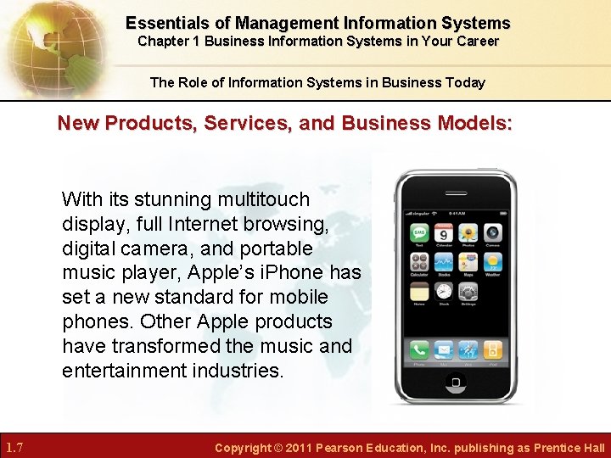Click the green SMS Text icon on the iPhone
click(419, 232)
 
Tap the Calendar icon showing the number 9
click(443, 232)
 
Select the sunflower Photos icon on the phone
click(468, 232)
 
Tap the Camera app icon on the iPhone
click(493, 232)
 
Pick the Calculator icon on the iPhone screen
click(419, 262)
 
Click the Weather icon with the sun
click(493, 262)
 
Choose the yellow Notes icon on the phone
click(419, 292)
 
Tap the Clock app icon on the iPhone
click(443, 292)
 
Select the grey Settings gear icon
click(468, 292)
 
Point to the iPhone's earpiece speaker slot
click(457, 192)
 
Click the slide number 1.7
click(14, 447)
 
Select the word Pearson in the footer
click(340, 448)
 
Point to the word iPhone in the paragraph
click(316, 273)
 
